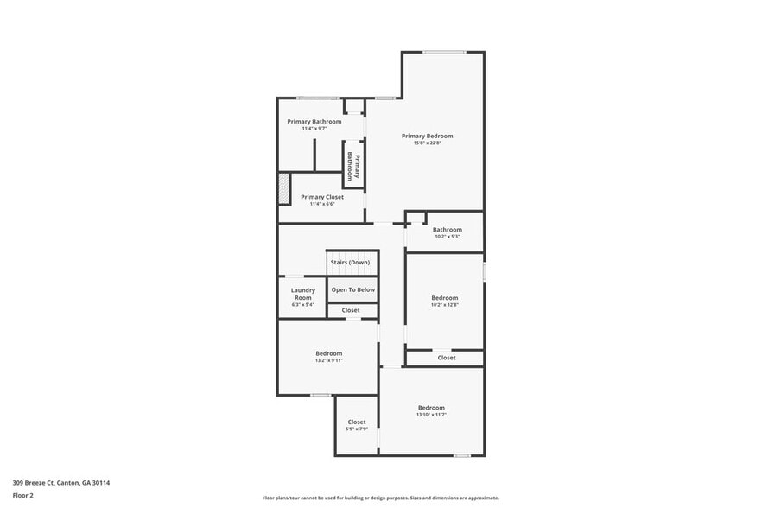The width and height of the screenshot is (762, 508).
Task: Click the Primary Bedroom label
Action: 427,136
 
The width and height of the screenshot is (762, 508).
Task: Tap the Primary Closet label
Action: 322,197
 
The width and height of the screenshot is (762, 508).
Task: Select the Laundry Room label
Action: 302,294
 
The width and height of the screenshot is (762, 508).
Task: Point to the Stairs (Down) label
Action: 352,262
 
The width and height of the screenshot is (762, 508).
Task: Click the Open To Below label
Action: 353,289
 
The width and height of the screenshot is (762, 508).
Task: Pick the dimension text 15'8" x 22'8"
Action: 427,143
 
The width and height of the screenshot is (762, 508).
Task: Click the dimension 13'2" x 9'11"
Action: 328,360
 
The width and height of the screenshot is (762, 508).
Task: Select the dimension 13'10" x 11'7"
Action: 431,415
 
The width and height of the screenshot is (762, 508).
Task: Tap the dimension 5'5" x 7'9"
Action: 357,429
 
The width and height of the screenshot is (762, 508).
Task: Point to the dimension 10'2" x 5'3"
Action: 447,236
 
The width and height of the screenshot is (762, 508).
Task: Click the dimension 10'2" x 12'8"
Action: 445,305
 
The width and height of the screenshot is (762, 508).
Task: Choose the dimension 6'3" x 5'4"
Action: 302,304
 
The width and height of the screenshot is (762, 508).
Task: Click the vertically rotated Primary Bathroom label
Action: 352,164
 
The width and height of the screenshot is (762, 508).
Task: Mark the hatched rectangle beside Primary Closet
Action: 283,188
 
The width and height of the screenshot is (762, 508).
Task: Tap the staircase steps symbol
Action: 352,270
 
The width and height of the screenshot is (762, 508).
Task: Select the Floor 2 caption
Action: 22,495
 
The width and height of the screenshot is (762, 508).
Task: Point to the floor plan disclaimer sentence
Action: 380,498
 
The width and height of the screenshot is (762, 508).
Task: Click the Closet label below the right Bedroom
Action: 447,358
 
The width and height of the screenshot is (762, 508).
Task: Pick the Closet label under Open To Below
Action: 351,310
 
